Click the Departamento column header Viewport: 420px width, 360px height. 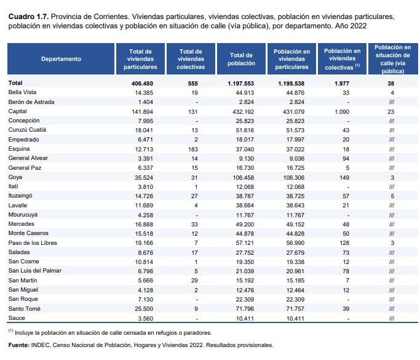(x=61, y=59)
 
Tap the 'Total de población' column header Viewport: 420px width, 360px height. (x=241, y=59)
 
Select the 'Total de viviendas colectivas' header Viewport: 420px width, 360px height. (x=191, y=59)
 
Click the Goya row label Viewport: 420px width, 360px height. (x=15, y=177)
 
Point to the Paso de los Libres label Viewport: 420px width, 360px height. (x=33, y=243)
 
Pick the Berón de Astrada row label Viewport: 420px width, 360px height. (x=31, y=102)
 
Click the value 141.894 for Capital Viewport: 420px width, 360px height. (x=142, y=112)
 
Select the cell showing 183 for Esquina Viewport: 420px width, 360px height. (x=193, y=150)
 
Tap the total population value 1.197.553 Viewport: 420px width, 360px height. (x=241, y=84)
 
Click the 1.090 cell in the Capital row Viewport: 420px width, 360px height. (x=342, y=112)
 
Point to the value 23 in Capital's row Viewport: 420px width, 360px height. (x=391, y=112)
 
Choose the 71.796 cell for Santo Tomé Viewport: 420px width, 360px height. (x=245, y=309)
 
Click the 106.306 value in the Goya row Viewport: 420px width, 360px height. (x=293, y=177)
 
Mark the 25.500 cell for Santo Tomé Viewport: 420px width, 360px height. (x=144, y=309)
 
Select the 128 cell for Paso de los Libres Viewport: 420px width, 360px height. (x=344, y=243)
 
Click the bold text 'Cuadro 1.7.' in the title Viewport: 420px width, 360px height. (x=28, y=17)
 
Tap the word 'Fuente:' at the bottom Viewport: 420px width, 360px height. (x=18, y=345)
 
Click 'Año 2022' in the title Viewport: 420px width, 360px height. (x=351, y=26)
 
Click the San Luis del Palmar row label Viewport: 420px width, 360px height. (x=35, y=271)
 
